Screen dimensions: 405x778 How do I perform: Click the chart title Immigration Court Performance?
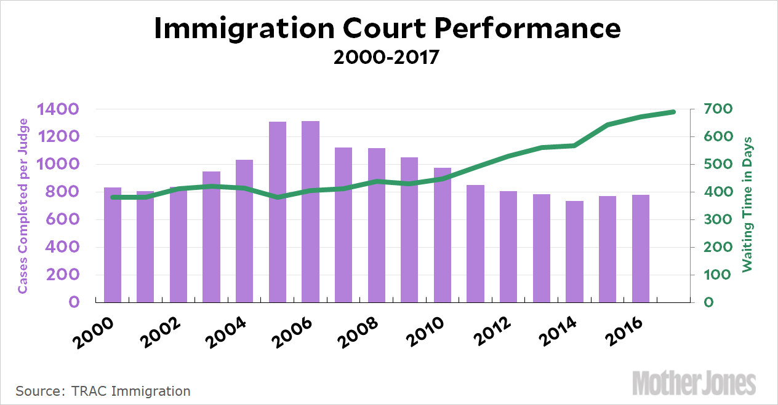coord(388,29)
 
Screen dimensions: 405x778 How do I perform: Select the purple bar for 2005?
coord(278,212)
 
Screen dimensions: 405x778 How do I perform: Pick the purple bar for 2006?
coord(310,212)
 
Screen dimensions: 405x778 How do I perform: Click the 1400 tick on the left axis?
coord(57,109)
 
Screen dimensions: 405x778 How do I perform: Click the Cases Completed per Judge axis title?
coord(22,205)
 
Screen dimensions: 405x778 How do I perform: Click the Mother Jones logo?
coord(694,383)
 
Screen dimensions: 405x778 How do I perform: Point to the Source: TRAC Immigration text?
coord(103,391)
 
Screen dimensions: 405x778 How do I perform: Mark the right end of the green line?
coord(673,112)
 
